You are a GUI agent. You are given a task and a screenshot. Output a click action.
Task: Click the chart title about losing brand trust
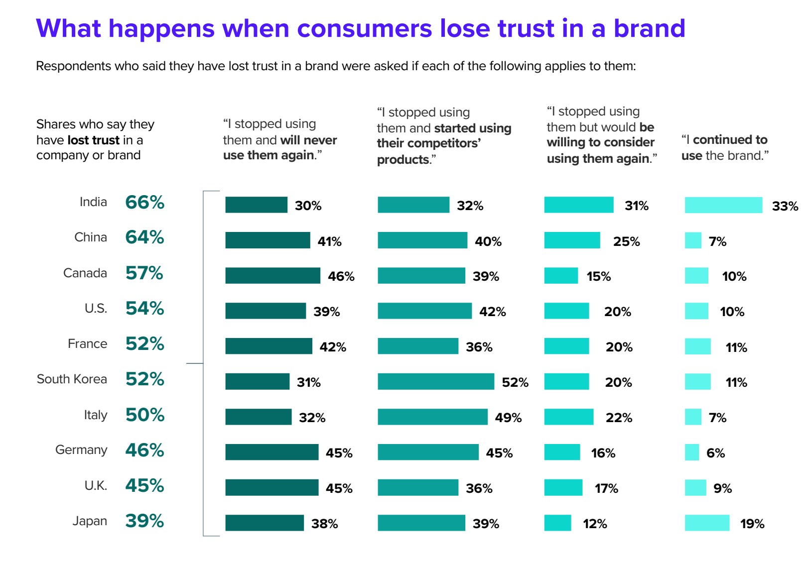[x=360, y=28]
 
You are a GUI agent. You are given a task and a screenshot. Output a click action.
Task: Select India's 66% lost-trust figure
[x=144, y=203]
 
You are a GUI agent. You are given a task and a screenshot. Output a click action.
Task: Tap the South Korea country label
[x=72, y=379]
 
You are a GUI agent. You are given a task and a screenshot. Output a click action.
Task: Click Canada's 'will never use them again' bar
[x=272, y=276]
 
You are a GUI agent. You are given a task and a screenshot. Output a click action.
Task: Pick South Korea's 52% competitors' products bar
[x=436, y=382]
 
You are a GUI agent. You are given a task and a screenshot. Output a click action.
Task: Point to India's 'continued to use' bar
[x=723, y=205]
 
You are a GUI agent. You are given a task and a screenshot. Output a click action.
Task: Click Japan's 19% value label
[x=752, y=524]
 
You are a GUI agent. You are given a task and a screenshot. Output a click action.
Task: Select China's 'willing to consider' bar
[x=572, y=240]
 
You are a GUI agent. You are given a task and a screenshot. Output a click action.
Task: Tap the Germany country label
[x=81, y=450]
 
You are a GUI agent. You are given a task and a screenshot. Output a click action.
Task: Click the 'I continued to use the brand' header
[x=725, y=147]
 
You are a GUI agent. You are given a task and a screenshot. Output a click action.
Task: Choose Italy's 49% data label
[x=508, y=418]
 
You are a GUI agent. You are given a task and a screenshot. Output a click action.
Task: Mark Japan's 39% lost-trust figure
[x=144, y=521]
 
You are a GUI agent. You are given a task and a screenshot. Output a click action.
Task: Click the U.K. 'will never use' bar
[x=271, y=488]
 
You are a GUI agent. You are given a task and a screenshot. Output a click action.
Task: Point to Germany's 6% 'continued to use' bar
[x=692, y=452]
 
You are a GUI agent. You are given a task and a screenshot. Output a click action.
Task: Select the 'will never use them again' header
[x=280, y=139]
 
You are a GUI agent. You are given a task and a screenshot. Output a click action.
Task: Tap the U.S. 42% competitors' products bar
[x=424, y=311]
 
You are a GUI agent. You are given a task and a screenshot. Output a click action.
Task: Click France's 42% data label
[x=333, y=347]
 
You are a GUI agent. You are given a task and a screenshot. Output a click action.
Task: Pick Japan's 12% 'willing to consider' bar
[x=557, y=523]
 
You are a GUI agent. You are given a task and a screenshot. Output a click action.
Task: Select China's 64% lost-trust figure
[x=144, y=237]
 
